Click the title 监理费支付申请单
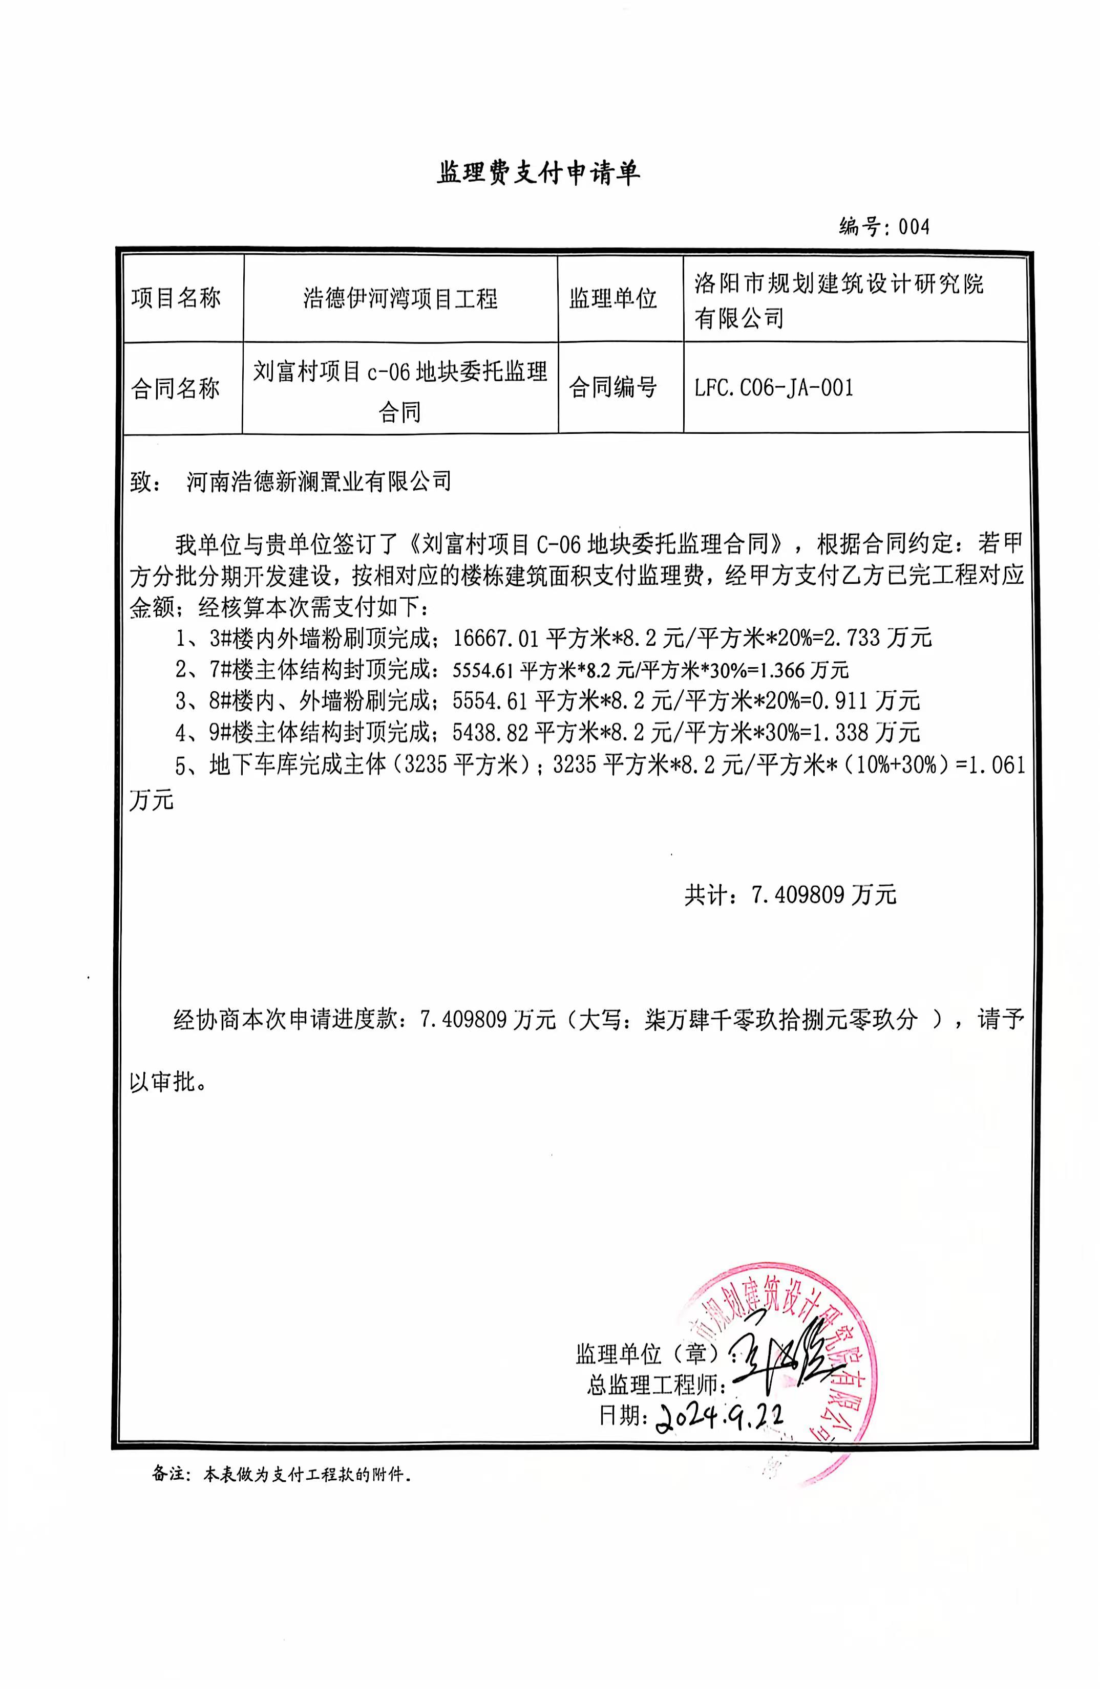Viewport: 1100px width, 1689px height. coord(538,173)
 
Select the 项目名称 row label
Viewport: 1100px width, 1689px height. coord(176,299)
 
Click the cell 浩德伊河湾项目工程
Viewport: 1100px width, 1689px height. coord(400,299)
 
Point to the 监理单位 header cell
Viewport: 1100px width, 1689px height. coord(613,299)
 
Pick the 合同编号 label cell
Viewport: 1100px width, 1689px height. coord(613,387)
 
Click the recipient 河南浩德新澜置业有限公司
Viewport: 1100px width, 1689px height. coord(319,482)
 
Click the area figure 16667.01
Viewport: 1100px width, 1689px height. coord(496,638)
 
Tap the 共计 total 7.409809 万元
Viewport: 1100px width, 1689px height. coord(824,895)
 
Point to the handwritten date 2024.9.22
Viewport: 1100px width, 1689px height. coord(721,1417)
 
